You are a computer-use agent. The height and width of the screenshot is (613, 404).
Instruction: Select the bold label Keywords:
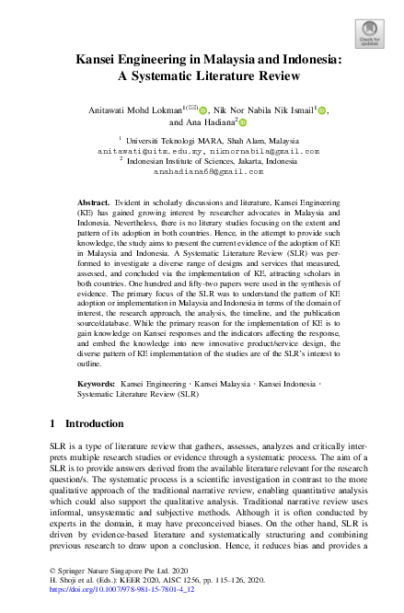96,406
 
